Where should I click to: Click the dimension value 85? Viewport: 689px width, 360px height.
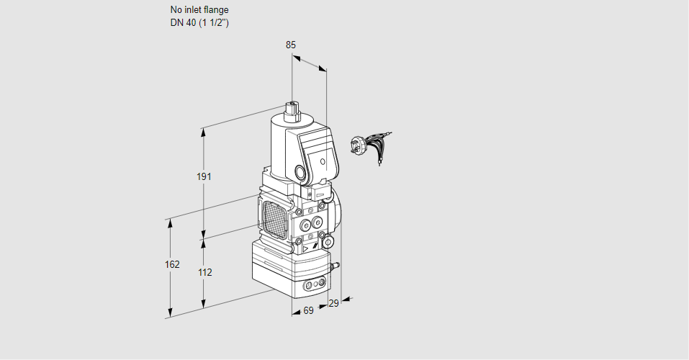290,45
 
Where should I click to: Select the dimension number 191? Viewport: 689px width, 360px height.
204,176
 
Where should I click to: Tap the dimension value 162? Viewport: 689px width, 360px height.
171,264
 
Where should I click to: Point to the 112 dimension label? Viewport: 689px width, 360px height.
204,272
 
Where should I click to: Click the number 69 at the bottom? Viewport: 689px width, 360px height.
308,310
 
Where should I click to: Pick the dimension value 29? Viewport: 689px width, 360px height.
333,303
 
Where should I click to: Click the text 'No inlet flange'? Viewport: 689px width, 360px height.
199,10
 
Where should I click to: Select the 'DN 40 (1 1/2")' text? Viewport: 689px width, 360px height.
199,22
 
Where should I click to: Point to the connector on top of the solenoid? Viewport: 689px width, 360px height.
293,111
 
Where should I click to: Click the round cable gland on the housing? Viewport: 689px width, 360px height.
299,172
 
